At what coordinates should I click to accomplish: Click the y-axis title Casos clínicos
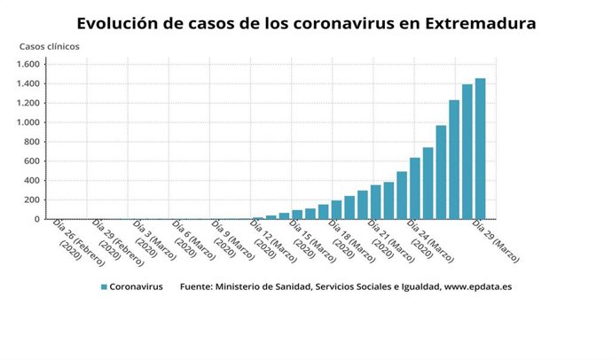click(49, 45)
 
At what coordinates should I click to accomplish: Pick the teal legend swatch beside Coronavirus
click(104, 287)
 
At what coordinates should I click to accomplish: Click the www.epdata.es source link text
click(479, 287)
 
